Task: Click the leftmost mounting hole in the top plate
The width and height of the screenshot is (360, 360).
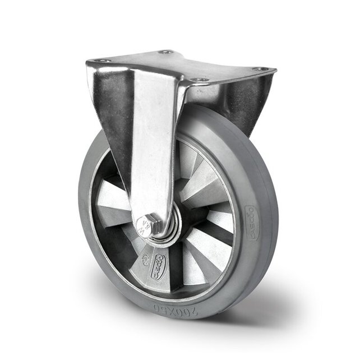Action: tap(99, 61)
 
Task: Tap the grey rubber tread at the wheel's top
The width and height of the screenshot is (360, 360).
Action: tap(224, 121)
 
